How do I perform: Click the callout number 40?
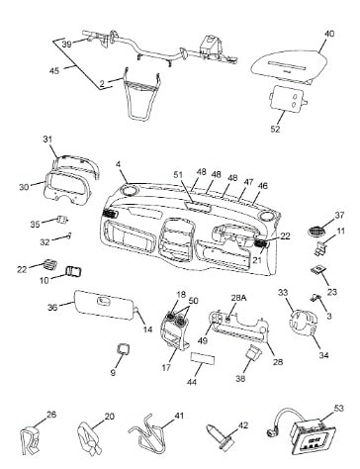pos(329,34)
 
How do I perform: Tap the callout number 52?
pos(275,129)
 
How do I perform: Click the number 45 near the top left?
pos(54,70)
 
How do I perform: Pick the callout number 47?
pos(248,181)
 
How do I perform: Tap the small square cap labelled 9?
pos(124,348)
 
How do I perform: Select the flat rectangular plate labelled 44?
pos(203,358)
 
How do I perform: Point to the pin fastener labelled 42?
pos(221,437)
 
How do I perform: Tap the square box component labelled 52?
pos(288,98)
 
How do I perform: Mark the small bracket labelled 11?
pos(320,247)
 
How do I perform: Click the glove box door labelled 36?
pos(105,305)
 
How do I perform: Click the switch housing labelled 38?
pos(253,354)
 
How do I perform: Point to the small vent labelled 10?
pos(74,272)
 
